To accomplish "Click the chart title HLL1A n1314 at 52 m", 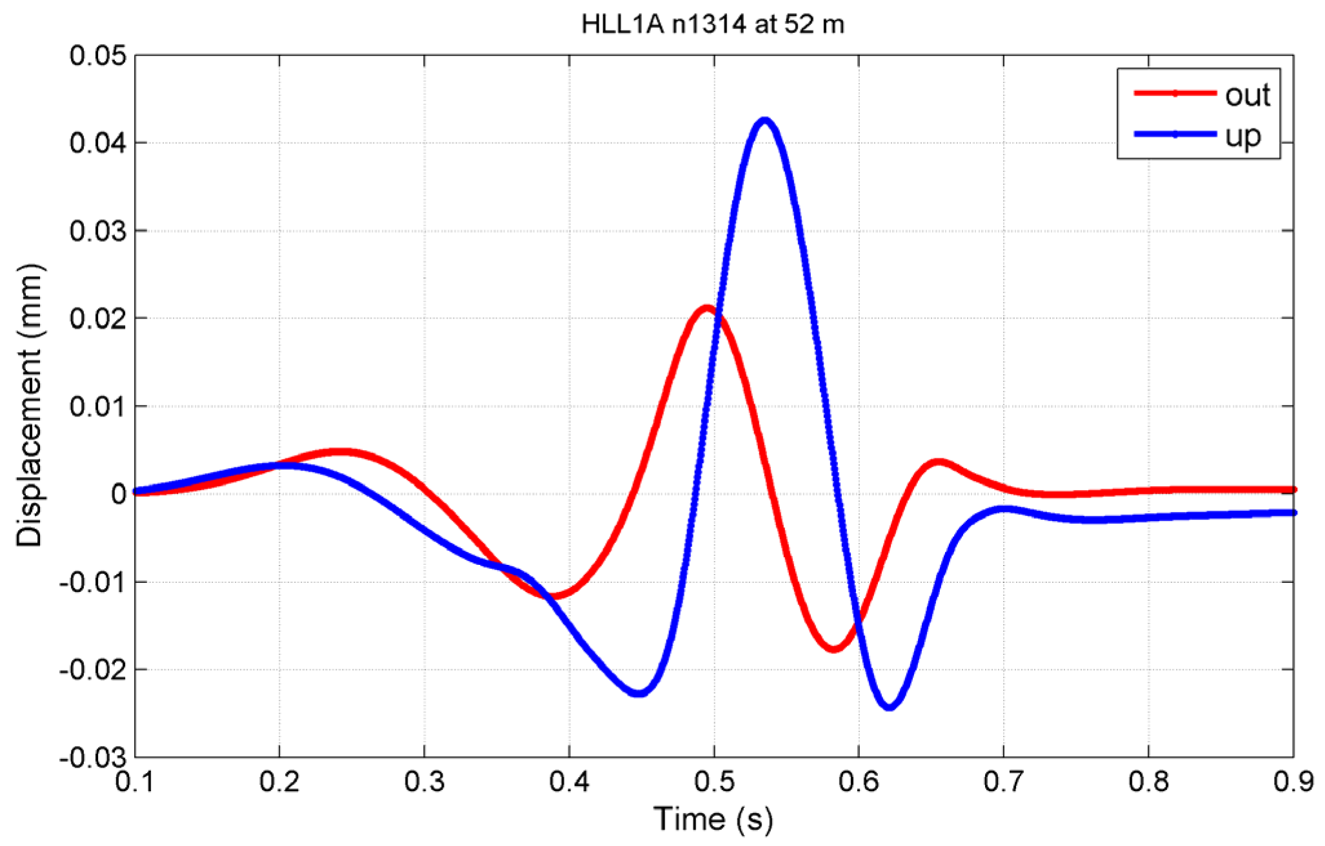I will tap(712, 25).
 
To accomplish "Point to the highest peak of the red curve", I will tap(707, 309).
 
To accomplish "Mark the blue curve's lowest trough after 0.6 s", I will tap(890, 706).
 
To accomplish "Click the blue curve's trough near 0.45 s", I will tap(639, 693).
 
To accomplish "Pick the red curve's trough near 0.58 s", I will tap(834, 647).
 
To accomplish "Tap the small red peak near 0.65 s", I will tap(939, 463).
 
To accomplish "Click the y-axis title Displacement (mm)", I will tap(30, 405).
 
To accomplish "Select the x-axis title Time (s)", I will tap(713, 820).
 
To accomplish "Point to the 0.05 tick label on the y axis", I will tap(98, 56).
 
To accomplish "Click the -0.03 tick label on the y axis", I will tap(93, 758).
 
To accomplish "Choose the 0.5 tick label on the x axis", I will tap(714, 782).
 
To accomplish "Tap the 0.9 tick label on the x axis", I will tap(1293, 782).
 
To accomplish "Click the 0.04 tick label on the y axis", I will tap(98, 143).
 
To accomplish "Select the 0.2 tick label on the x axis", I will tap(279, 782).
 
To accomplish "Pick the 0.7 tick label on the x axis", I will tap(1004, 782).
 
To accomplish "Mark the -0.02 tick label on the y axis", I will tap(93, 670).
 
